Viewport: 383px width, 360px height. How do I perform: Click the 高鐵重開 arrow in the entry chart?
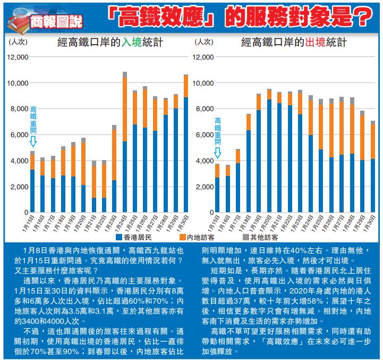[33, 141]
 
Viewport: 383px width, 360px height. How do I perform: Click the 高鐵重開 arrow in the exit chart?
[217, 154]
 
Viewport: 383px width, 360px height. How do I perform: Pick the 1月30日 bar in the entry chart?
[186, 143]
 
